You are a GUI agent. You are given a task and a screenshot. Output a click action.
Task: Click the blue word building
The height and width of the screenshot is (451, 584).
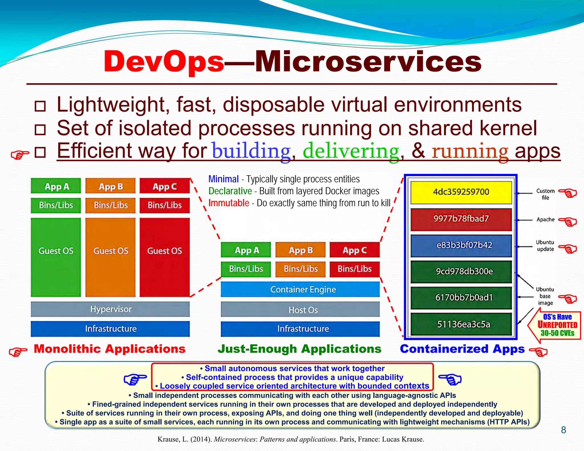click(251, 151)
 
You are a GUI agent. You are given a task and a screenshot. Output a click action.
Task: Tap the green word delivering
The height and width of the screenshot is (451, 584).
click(351, 151)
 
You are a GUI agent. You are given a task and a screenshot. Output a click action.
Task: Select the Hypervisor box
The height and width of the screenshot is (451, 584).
click(110, 309)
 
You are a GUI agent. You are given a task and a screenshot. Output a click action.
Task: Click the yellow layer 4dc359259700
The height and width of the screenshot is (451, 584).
click(461, 192)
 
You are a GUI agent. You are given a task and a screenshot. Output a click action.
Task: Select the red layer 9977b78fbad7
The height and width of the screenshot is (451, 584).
click(461, 219)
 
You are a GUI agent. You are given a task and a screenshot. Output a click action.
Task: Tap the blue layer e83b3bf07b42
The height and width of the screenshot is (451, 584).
click(461, 245)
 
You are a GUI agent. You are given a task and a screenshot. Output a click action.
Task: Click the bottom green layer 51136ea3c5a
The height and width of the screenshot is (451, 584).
click(461, 324)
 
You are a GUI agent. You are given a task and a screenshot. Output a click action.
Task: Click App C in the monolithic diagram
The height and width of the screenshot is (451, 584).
click(165, 186)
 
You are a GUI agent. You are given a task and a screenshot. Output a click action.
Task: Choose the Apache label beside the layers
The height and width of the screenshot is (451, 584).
click(545, 220)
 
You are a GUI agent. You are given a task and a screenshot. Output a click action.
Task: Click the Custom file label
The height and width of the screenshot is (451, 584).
click(545, 194)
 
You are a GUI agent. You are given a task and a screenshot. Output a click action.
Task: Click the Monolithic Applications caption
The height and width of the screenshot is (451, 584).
click(109, 349)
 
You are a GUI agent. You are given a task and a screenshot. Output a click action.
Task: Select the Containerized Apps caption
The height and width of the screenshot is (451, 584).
click(462, 349)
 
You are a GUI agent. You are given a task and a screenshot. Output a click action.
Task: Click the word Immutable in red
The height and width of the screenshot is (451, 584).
click(229, 203)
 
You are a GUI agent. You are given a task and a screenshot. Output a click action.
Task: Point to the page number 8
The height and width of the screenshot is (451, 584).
click(563, 430)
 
